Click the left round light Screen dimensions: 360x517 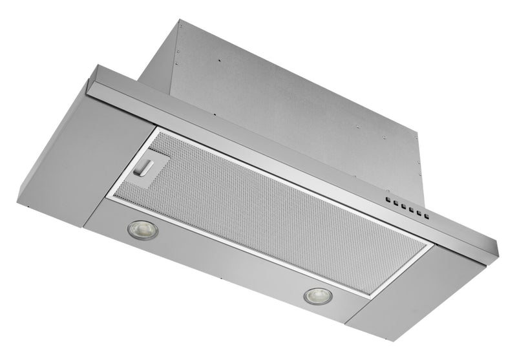pos(142,229)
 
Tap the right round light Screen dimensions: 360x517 pos(318,295)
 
